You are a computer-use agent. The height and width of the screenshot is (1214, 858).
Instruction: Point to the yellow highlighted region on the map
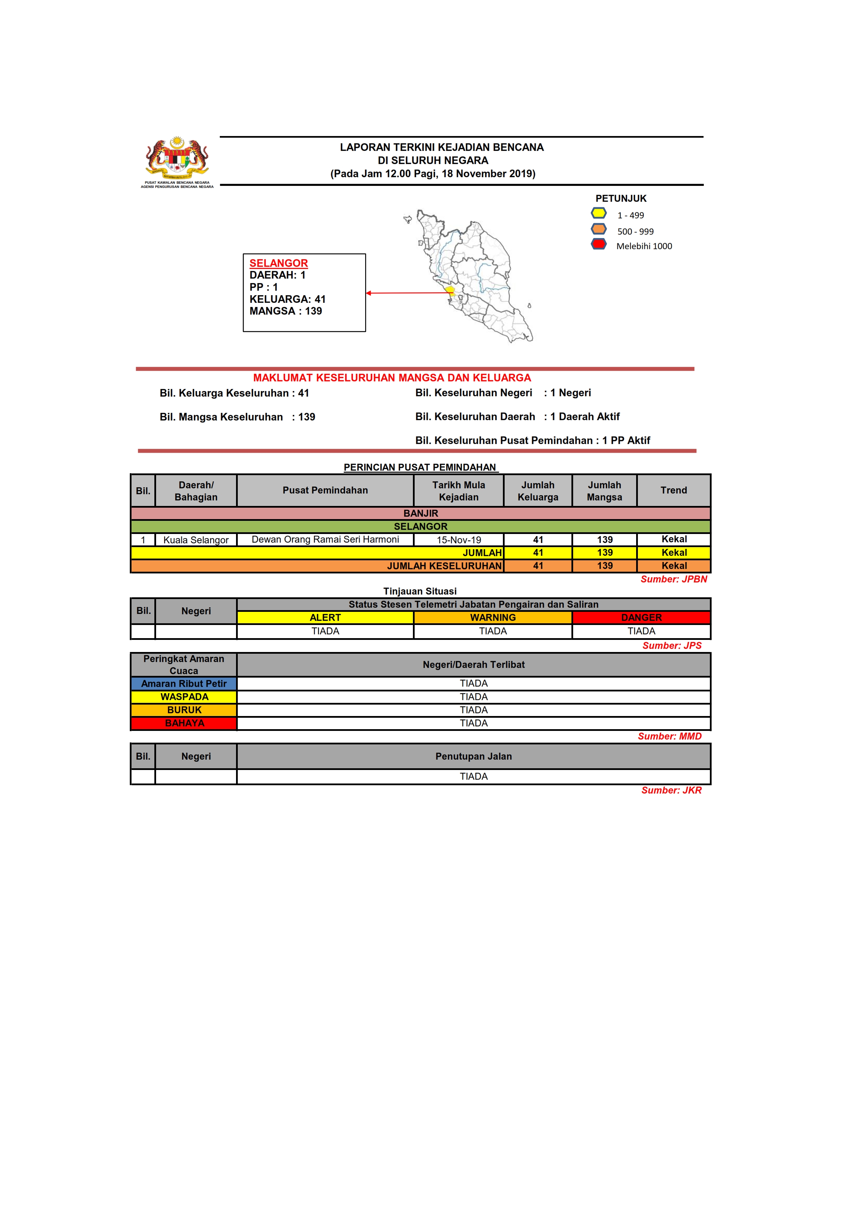tap(450, 290)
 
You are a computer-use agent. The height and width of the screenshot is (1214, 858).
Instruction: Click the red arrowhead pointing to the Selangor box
tap(369, 293)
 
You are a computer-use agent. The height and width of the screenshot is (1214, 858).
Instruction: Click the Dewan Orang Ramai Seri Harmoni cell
tap(325, 539)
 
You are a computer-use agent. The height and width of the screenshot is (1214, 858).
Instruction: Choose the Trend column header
tap(674, 490)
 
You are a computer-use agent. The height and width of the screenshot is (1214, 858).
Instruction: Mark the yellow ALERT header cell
tap(325, 618)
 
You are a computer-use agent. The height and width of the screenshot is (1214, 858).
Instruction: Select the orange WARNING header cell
tap(493, 618)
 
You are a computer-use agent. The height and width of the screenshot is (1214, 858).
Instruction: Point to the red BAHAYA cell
tap(184, 723)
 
